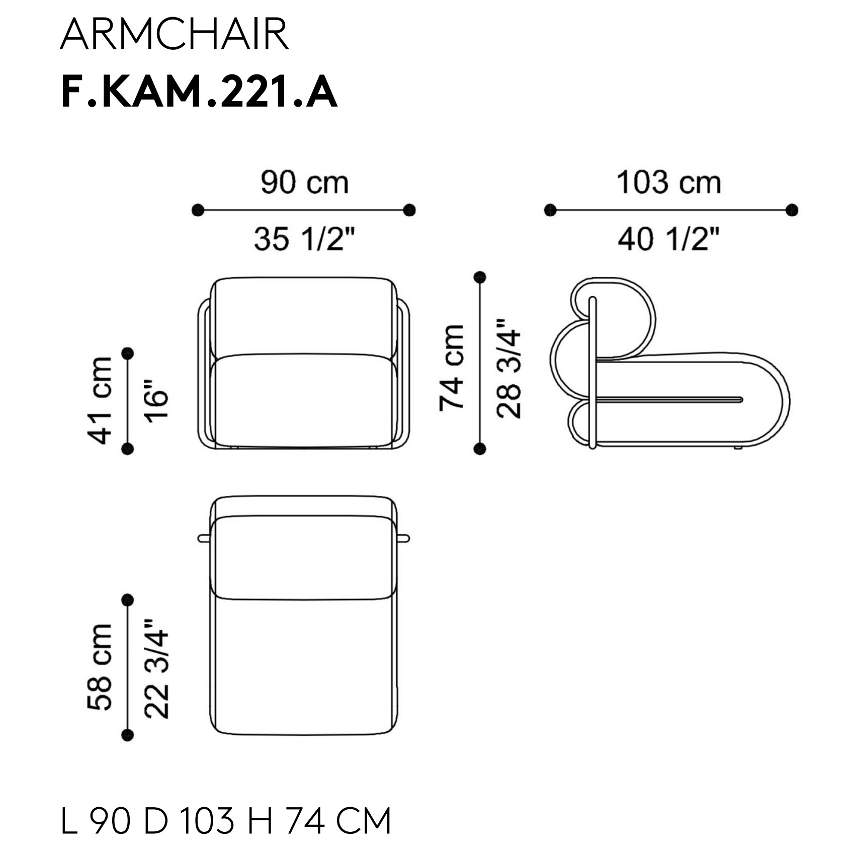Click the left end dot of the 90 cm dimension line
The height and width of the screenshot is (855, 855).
pos(198,210)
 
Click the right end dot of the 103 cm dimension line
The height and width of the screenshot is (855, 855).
pos(792,210)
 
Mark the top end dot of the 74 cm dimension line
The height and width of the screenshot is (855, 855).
pos(480,277)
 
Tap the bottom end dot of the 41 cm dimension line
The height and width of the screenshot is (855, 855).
pos(128,449)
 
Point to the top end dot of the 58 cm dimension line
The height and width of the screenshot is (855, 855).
pos(128,600)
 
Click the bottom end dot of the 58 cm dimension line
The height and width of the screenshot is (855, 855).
pos(128,735)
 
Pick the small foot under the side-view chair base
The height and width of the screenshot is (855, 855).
pos(737,447)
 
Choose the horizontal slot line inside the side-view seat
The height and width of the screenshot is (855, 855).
pos(669,400)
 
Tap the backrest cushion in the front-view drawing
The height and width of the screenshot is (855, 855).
pos(304,317)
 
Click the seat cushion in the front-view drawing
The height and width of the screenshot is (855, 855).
pos(304,401)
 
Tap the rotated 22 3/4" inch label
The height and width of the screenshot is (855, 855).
pos(156,668)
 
